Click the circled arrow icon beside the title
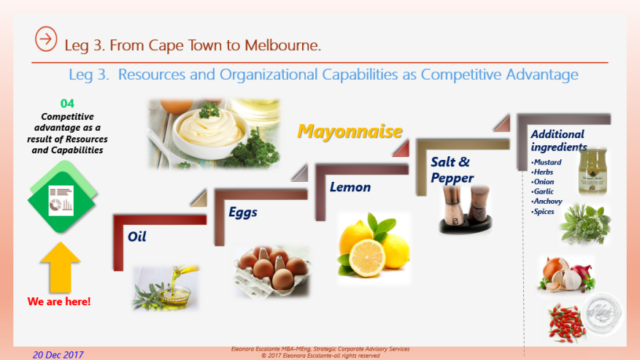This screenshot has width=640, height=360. [46, 40]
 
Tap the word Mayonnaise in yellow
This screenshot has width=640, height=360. [350, 131]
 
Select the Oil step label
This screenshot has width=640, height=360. [137, 237]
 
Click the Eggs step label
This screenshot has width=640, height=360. [243, 212]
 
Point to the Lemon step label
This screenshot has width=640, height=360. [350, 187]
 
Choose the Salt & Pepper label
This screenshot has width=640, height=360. [452, 169]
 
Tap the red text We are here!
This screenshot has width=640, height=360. [59, 301]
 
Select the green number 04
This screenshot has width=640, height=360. [67, 104]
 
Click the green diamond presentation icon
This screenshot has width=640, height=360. [62, 197]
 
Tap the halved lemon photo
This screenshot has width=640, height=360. [374, 247]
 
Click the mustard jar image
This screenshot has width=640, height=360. [592, 171]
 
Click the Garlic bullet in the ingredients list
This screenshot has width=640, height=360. [544, 191]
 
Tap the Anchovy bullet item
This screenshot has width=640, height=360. [547, 202]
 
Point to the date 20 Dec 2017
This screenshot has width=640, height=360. [58, 355]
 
